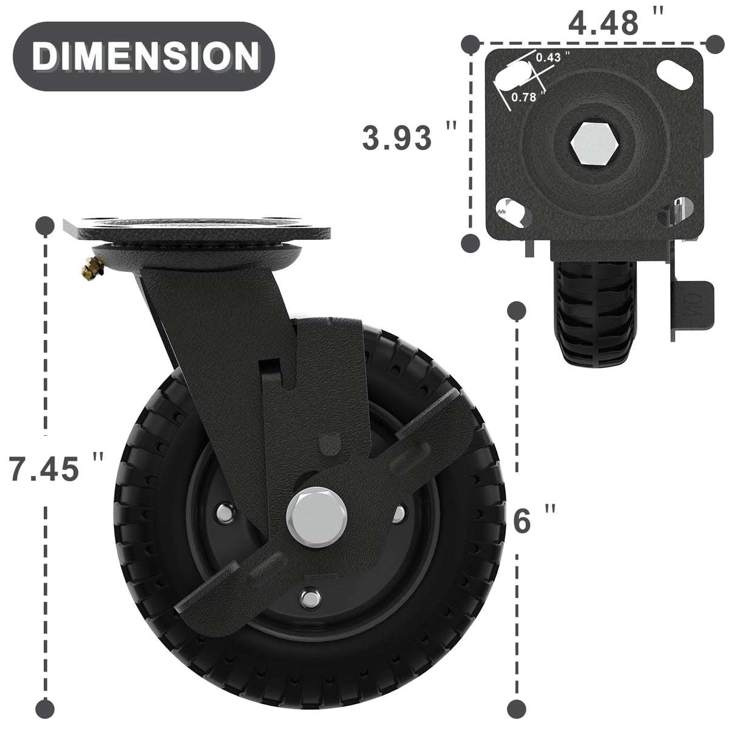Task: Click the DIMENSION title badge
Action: click(x=144, y=56)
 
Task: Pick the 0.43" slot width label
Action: click(x=552, y=56)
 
